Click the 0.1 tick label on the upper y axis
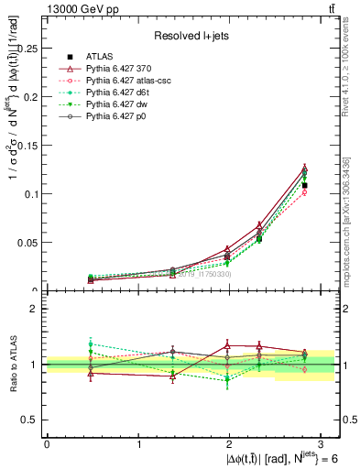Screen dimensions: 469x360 [32, 194]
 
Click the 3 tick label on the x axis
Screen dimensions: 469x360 [322, 443]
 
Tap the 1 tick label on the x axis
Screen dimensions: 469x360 [138, 443]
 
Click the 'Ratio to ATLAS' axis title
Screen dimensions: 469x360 [12, 365]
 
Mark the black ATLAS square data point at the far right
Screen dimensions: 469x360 [304, 186]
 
